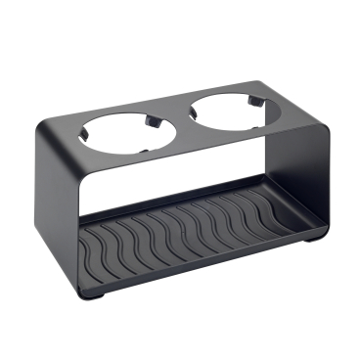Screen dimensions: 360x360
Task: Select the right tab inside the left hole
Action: click(155, 121)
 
